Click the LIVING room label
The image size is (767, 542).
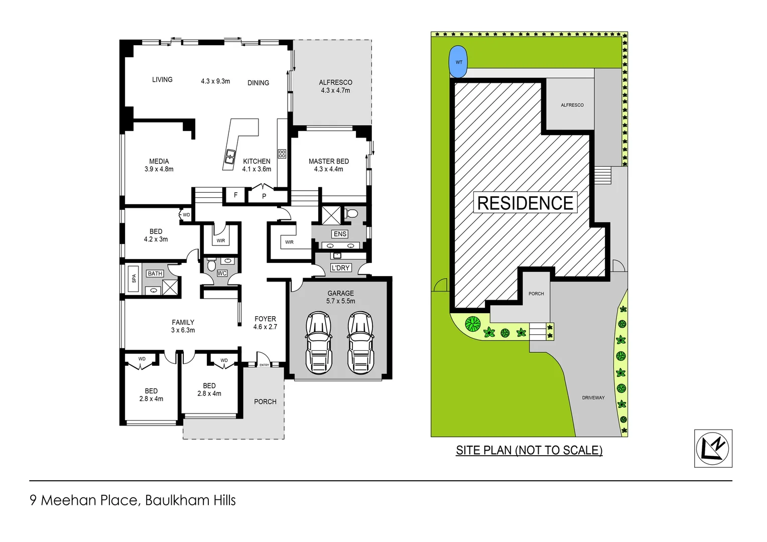[x=162, y=80]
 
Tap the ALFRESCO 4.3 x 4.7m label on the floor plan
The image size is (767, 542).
[x=335, y=86]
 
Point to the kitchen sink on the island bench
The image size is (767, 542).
[x=230, y=157]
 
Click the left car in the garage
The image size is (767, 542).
[x=319, y=343]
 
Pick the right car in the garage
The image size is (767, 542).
[x=360, y=343]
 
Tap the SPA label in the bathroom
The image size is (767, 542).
[x=134, y=278]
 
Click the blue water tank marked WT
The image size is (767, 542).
[x=457, y=62]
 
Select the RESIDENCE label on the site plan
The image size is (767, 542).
[x=525, y=203]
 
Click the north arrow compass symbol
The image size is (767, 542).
[x=713, y=448]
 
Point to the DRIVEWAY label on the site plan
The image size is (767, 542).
[x=593, y=397]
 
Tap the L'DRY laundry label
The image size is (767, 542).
[x=340, y=268]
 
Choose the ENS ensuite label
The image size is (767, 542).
[x=340, y=234]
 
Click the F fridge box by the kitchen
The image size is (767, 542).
[x=235, y=195]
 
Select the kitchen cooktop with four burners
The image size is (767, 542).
[x=282, y=154]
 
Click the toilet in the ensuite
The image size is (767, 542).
[x=351, y=214]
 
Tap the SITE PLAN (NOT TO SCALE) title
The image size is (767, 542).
[x=529, y=450]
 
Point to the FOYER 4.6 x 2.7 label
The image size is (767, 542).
[x=265, y=323]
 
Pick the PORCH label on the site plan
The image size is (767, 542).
[x=536, y=294]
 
